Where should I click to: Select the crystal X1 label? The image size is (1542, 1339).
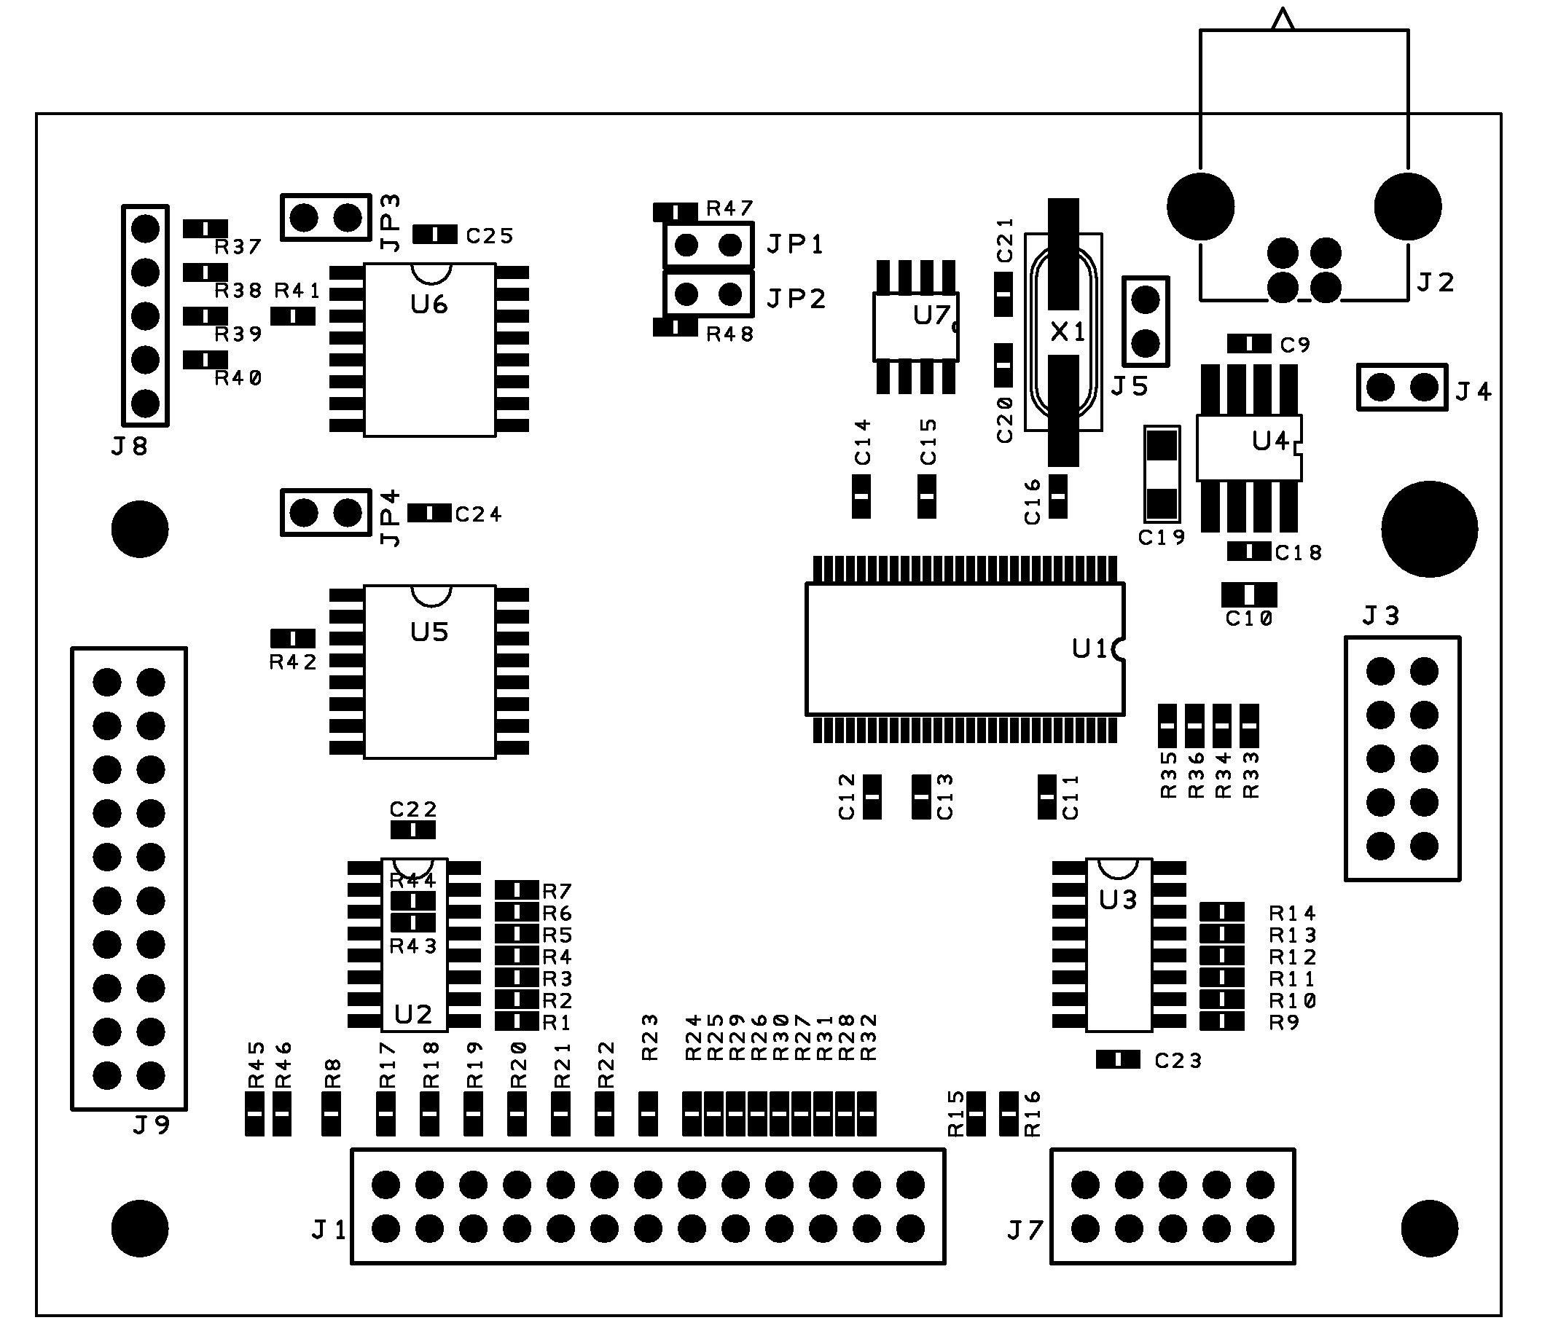pyautogui.click(x=1068, y=331)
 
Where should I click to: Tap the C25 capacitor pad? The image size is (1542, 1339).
pyautogui.click(x=434, y=235)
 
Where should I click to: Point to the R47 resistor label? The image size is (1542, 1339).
pyautogui.click(x=729, y=208)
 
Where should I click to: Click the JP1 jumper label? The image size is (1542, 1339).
pyautogui.click(x=795, y=244)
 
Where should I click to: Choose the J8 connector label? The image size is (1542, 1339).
pyautogui.click(x=129, y=446)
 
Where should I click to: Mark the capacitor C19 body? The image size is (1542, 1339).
pyautogui.click(x=1162, y=474)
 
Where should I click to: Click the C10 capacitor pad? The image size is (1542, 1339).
pyautogui.click(x=1249, y=594)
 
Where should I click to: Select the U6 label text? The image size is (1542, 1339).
pyautogui.click(x=429, y=304)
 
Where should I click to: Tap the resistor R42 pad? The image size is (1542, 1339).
pyautogui.click(x=292, y=638)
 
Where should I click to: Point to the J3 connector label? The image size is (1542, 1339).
pyautogui.click(x=1379, y=616)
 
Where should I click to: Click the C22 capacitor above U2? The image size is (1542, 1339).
pyautogui.click(x=412, y=829)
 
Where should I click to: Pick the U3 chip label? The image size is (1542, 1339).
pyautogui.click(x=1117, y=900)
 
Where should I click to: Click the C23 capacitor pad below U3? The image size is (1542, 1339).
pyautogui.click(x=1117, y=1059)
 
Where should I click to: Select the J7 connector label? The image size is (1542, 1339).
pyautogui.click(x=1024, y=1230)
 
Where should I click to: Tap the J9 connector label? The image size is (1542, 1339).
pyautogui.click(x=152, y=1125)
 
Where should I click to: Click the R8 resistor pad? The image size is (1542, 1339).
pyautogui.click(x=331, y=1113)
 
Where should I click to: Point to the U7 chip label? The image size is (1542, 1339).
pyautogui.click(x=931, y=316)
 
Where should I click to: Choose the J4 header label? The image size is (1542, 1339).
pyautogui.click(x=1473, y=391)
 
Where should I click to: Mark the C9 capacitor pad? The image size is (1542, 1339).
pyautogui.click(x=1248, y=344)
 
